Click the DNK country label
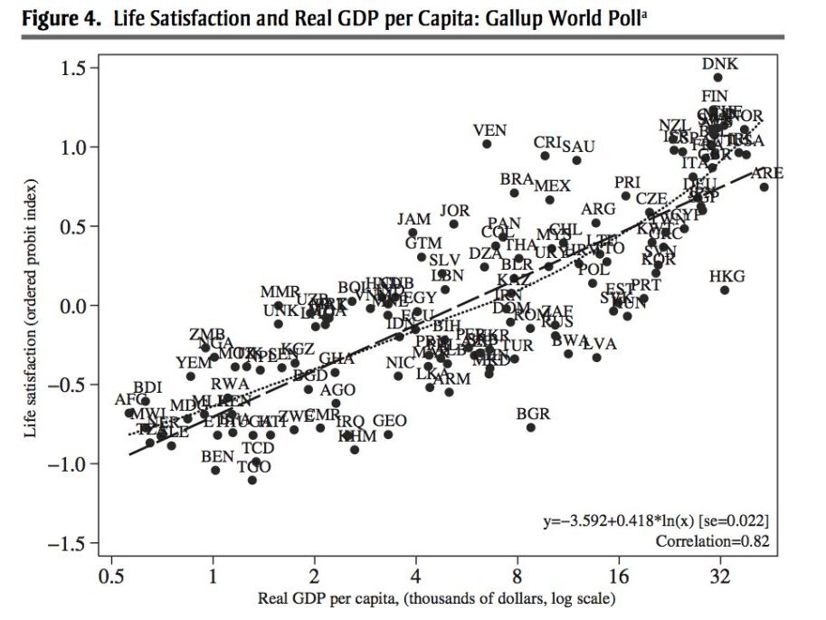click(720, 63)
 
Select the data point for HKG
click(725, 290)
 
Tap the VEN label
click(489, 130)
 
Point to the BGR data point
click(531, 427)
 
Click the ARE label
click(767, 173)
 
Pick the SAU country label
click(578, 147)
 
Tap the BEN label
click(217, 456)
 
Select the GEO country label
click(389, 421)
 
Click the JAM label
click(413, 220)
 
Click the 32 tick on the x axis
click(720, 577)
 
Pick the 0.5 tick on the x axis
click(111, 577)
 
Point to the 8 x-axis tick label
click(517, 577)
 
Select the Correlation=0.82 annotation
click(713, 540)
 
